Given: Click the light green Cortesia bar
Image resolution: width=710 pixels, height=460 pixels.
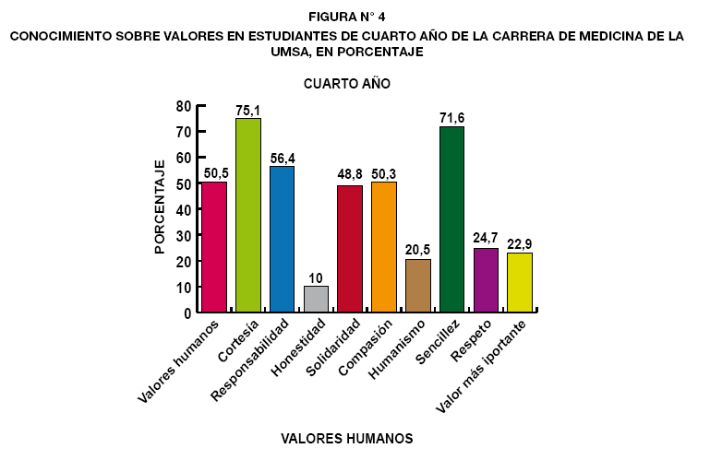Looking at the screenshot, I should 248,216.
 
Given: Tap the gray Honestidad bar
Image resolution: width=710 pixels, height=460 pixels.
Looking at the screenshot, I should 316,300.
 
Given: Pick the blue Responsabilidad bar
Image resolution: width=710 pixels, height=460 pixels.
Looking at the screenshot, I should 282,240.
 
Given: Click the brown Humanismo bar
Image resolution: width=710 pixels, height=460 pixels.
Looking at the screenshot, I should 418,286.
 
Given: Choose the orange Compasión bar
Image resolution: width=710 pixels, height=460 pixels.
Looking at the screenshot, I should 384,247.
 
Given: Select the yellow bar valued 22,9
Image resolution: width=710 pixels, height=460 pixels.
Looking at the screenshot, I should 520,283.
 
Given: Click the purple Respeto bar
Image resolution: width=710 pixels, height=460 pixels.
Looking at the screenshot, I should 486,280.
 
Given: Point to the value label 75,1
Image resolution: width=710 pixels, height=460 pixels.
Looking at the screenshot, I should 248,111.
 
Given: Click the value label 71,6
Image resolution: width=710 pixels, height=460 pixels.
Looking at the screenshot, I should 451,119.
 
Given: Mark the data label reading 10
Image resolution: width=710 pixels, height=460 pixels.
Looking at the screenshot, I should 316,278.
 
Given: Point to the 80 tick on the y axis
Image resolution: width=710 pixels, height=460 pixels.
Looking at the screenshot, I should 184,106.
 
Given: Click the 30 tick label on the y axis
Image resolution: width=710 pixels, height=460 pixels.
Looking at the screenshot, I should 184,235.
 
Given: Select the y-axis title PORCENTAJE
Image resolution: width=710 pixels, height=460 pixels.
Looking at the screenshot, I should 160,206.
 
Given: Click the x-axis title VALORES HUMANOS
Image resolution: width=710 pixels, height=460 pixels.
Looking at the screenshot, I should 346,438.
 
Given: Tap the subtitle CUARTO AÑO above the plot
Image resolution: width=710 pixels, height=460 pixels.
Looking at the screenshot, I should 347,83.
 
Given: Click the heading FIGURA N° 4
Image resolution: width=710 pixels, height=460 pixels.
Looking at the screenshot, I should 347,16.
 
